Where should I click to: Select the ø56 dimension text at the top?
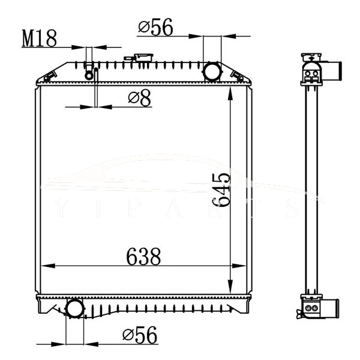click(155, 27)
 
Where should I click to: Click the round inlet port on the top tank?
click(212, 71)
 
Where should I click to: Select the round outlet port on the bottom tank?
click(75, 308)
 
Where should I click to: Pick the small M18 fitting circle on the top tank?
click(89, 74)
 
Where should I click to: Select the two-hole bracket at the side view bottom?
click(311, 308)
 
